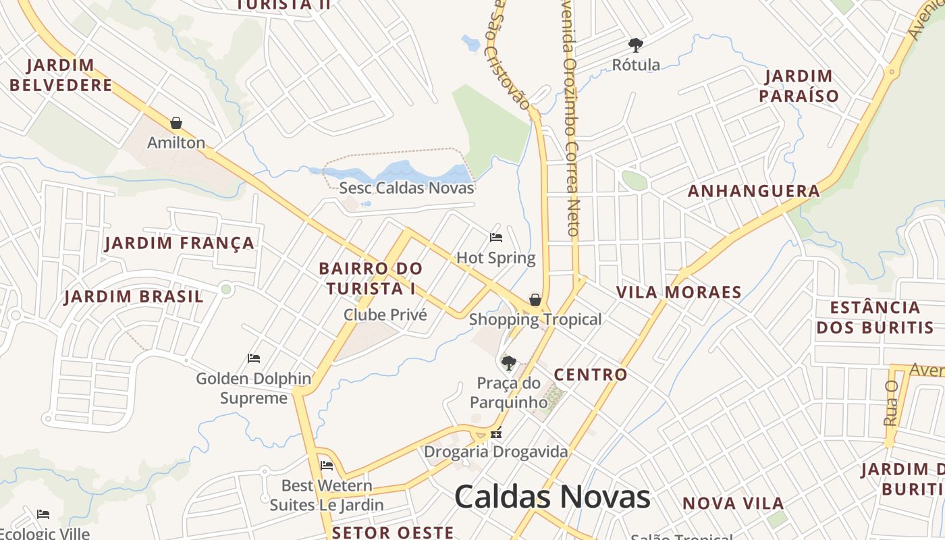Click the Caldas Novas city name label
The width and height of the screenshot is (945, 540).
(552, 497)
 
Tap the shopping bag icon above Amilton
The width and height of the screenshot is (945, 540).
(176, 123)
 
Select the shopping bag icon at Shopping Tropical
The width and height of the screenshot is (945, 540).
(535, 299)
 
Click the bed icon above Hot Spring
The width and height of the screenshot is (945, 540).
(496, 238)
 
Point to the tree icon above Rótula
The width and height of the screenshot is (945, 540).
(635, 45)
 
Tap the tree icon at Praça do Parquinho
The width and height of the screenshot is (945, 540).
(509, 363)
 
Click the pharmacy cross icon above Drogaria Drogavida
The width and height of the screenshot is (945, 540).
(497, 434)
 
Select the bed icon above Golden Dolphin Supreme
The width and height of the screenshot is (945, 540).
(254, 358)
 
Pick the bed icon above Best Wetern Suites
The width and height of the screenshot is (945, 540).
(327, 466)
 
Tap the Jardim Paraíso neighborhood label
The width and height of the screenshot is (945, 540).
(799, 86)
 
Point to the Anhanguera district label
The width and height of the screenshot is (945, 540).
(753, 191)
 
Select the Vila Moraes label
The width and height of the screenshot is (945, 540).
(678, 292)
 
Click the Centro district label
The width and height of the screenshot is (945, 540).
(591, 375)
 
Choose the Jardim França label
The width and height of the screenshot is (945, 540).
(180, 243)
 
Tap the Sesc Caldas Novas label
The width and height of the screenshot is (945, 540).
(406, 188)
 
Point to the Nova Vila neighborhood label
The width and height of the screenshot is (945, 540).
(732, 503)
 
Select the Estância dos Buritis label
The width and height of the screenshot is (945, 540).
(874, 318)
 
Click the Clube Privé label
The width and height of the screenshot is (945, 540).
(385, 315)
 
